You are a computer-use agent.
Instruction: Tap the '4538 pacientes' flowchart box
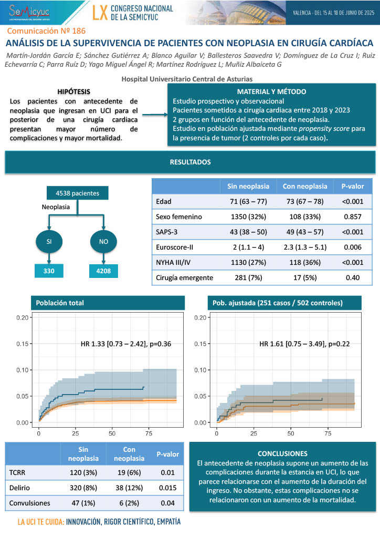pos(78,193)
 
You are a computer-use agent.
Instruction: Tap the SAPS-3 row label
pos(168,232)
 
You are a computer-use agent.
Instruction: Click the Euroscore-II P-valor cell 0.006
pos(349,247)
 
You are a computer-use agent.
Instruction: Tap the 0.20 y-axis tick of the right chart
pos(199,318)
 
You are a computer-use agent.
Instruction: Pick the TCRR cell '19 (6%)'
pos(122,472)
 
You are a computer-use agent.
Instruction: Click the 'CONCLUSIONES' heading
pos(282,453)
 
